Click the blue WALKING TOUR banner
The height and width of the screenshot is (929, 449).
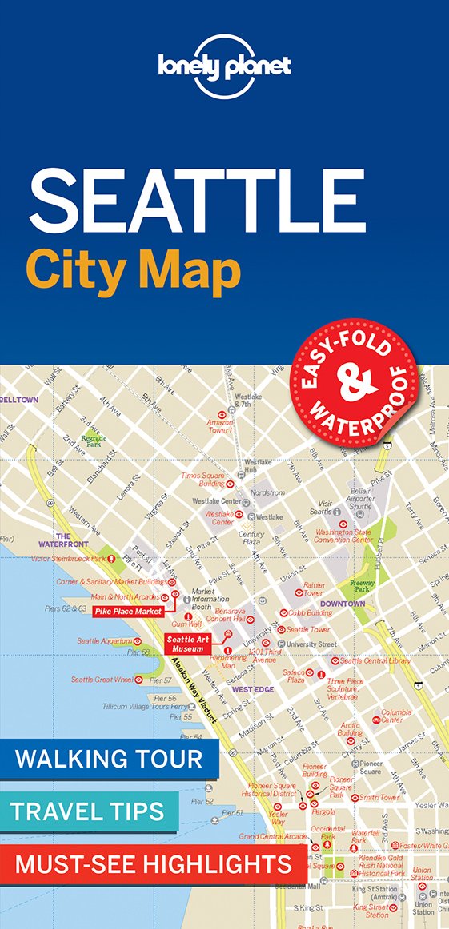click(110, 758)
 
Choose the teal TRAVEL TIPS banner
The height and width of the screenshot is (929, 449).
click(90, 811)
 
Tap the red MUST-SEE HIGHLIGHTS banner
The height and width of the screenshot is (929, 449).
click(153, 863)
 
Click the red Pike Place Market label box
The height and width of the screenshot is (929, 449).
click(127, 612)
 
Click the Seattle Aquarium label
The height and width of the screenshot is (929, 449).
click(105, 640)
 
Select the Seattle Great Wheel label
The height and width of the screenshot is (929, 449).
click(101, 680)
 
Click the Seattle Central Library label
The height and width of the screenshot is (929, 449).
click(375, 660)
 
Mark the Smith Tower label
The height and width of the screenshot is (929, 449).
click(379, 797)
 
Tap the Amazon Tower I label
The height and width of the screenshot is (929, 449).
click(219, 426)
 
